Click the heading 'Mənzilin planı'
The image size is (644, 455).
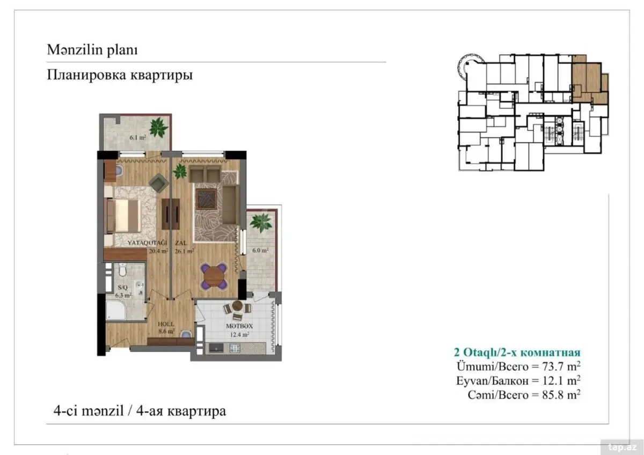(x=92, y=50)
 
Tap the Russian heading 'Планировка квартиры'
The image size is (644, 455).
(x=120, y=75)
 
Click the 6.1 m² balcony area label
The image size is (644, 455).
(x=138, y=137)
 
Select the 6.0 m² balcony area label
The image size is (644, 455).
(x=260, y=250)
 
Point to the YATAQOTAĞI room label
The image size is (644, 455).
(x=147, y=243)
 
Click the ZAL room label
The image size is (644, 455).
(x=181, y=243)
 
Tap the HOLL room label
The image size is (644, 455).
(x=166, y=324)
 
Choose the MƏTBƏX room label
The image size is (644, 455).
(x=239, y=326)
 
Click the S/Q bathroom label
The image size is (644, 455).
(x=122, y=288)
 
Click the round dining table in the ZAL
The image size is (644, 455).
(x=214, y=276)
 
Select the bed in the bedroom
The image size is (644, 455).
(x=123, y=216)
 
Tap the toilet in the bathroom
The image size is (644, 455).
(x=123, y=270)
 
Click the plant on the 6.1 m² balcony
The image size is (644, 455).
(x=158, y=127)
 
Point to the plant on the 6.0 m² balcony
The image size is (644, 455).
(x=261, y=223)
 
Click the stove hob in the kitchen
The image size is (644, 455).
(x=235, y=348)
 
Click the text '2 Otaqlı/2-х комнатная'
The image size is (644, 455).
(x=517, y=353)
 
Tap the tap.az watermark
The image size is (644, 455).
(x=622, y=447)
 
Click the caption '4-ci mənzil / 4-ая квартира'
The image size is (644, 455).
(x=140, y=411)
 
